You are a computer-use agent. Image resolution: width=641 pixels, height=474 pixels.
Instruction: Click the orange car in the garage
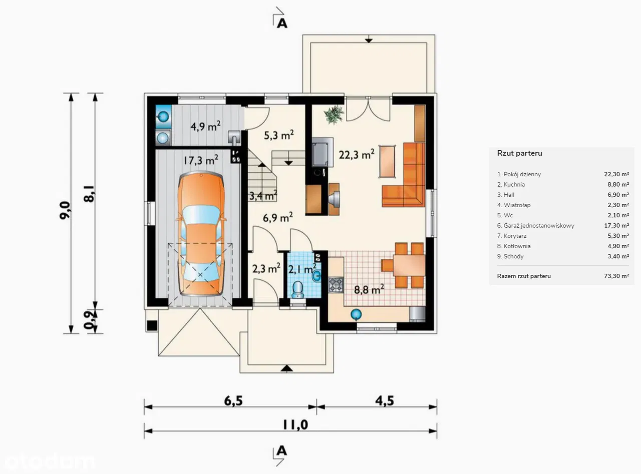201,233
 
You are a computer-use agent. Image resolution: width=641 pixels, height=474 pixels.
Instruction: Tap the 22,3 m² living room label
357,155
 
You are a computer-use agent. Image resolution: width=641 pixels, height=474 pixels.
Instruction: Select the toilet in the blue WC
297,289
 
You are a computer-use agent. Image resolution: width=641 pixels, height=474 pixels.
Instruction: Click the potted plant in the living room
334,115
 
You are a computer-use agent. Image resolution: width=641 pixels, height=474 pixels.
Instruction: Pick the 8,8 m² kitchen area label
369,289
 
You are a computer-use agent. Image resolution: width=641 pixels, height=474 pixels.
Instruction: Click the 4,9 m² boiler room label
205,126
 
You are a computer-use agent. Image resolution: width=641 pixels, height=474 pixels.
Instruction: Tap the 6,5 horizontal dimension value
233,400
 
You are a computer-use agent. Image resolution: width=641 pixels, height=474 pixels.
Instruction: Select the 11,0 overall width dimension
295,425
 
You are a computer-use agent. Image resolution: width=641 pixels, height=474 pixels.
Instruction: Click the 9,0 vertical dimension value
65,210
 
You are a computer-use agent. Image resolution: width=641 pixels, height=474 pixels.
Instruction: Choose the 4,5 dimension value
385,400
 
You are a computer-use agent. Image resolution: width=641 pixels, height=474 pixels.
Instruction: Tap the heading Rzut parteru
520,153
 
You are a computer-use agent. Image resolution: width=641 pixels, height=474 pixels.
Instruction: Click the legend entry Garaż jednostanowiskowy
535,226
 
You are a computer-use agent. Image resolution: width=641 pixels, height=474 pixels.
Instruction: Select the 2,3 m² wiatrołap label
266,268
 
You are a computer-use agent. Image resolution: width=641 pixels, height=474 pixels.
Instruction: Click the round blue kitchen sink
356,314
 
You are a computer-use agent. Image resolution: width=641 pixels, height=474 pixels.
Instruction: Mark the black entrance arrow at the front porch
286,368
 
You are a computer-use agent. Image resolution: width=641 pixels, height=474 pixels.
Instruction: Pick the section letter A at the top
282,24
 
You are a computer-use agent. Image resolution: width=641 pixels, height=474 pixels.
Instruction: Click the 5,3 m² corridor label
279,135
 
